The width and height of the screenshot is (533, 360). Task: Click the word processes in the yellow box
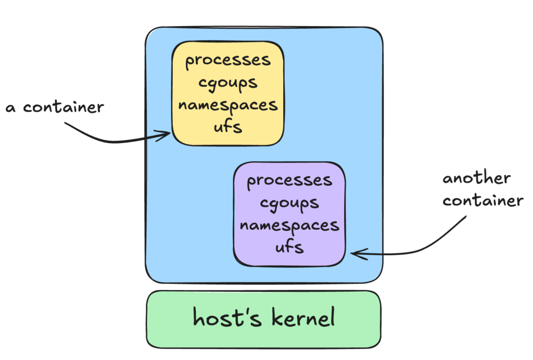(228, 60)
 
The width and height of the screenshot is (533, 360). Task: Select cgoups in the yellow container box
(228, 83)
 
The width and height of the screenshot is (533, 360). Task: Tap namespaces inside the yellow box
(228, 105)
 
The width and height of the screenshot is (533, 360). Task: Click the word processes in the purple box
(289, 181)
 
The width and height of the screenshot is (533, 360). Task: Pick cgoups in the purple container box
(289, 203)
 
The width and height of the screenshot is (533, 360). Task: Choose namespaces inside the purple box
(289, 225)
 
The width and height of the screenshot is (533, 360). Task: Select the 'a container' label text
(55, 108)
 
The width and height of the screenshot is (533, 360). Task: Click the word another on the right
(476, 179)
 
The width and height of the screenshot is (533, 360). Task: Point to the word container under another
(483, 201)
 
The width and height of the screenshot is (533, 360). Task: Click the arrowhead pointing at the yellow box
(168, 134)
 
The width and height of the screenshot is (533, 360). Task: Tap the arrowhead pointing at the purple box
(354, 254)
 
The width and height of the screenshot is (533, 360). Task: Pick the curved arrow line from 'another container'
(437, 245)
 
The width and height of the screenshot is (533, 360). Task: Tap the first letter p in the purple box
(252, 182)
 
